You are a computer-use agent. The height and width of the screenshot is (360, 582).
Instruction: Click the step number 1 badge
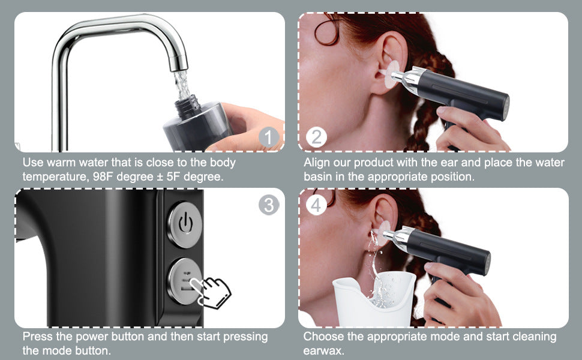click(269, 138)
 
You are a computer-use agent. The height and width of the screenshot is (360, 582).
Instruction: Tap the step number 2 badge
click(316, 137)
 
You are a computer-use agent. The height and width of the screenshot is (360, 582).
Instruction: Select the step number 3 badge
click(269, 205)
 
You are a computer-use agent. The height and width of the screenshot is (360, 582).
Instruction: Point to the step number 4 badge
click(316, 205)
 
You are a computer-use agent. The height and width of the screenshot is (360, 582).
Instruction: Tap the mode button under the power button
click(184, 279)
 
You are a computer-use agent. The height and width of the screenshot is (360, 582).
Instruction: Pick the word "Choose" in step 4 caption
click(325, 337)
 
